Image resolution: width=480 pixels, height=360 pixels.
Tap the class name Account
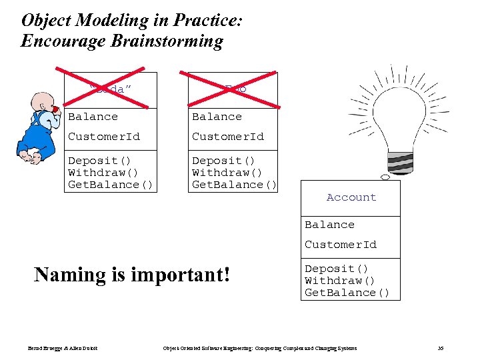(351, 197)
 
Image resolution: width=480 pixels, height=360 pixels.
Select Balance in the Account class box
(329, 225)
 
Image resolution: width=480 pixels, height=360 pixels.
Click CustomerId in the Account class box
(341, 245)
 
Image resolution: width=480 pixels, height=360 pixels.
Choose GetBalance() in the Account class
(347, 293)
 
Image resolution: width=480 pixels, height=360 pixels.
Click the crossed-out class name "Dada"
(111, 89)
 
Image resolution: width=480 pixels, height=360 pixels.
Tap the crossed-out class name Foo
(234, 89)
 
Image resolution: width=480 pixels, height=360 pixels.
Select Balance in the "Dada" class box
(93, 117)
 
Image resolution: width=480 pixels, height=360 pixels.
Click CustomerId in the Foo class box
(228, 137)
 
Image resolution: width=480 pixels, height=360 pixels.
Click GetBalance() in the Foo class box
(234, 185)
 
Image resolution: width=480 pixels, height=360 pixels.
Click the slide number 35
(440, 348)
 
